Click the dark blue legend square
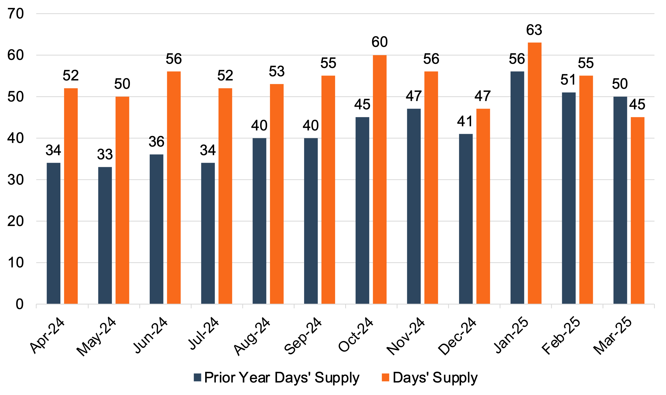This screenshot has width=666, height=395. pyautogui.click(x=197, y=377)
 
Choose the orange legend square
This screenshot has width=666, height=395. pyautogui.click(x=385, y=377)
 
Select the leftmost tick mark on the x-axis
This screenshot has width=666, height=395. pyautogui.click(x=36, y=306)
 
